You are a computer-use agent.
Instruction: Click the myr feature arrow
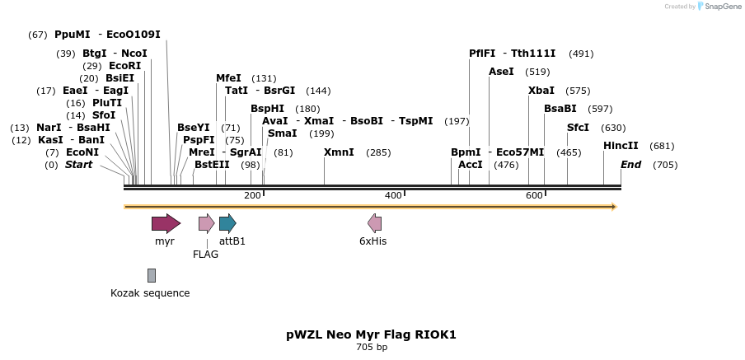click(x=166, y=223)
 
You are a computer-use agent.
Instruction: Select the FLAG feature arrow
click(x=206, y=223)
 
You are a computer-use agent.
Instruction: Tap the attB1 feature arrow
click(x=227, y=223)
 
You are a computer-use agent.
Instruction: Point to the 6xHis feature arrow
click(x=375, y=223)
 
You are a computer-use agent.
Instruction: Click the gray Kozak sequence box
click(x=152, y=275)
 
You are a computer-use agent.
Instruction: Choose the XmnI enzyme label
click(x=339, y=152)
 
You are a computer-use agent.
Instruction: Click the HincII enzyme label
click(x=621, y=146)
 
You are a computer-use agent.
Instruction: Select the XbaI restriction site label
click(x=541, y=91)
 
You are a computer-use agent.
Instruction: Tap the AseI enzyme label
click(x=501, y=72)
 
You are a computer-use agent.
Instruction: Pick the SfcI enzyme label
click(x=578, y=128)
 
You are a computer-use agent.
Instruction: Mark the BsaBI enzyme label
click(x=560, y=109)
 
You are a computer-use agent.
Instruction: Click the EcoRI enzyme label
click(x=124, y=66)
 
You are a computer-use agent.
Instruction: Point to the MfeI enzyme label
click(x=228, y=78)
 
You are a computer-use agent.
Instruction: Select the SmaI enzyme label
click(x=282, y=133)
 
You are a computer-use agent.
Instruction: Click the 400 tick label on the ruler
click(x=393, y=195)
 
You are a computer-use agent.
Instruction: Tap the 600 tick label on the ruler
click(x=534, y=195)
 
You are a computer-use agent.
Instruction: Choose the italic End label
click(x=630, y=165)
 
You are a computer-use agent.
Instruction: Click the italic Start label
click(x=78, y=165)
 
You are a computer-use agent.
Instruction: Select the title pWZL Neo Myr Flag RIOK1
click(x=371, y=334)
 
